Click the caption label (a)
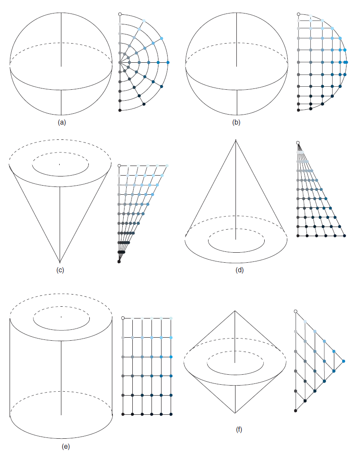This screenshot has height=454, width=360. click(x=62, y=122)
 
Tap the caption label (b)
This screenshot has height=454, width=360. click(x=236, y=122)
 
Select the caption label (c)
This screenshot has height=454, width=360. click(x=60, y=270)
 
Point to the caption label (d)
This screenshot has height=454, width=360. click(x=239, y=270)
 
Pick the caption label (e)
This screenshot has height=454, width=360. click(x=66, y=447)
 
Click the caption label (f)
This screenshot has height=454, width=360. click(x=239, y=430)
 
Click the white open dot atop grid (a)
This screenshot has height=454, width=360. click(x=120, y=14)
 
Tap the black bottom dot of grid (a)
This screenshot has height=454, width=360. click(x=120, y=110)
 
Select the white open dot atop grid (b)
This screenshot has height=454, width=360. click(x=298, y=14)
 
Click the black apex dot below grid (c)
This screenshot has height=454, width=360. click(x=119, y=262)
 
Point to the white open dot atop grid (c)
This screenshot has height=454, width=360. click(x=119, y=166)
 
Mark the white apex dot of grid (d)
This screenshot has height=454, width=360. click(x=298, y=142)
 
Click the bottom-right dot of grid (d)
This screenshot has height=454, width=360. click(x=345, y=236)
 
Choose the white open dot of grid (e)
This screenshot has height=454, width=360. click(x=123, y=318)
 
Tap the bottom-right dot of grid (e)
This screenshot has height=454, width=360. click(x=171, y=414)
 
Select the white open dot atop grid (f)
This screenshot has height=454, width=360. click(x=296, y=311)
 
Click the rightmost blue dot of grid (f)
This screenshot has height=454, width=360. click(x=343, y=361)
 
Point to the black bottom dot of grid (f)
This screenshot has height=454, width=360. click(x=296, y=410)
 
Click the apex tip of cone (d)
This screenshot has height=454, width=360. click(x=236, y=140)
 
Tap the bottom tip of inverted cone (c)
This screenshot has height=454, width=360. click(x=60, y=262)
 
